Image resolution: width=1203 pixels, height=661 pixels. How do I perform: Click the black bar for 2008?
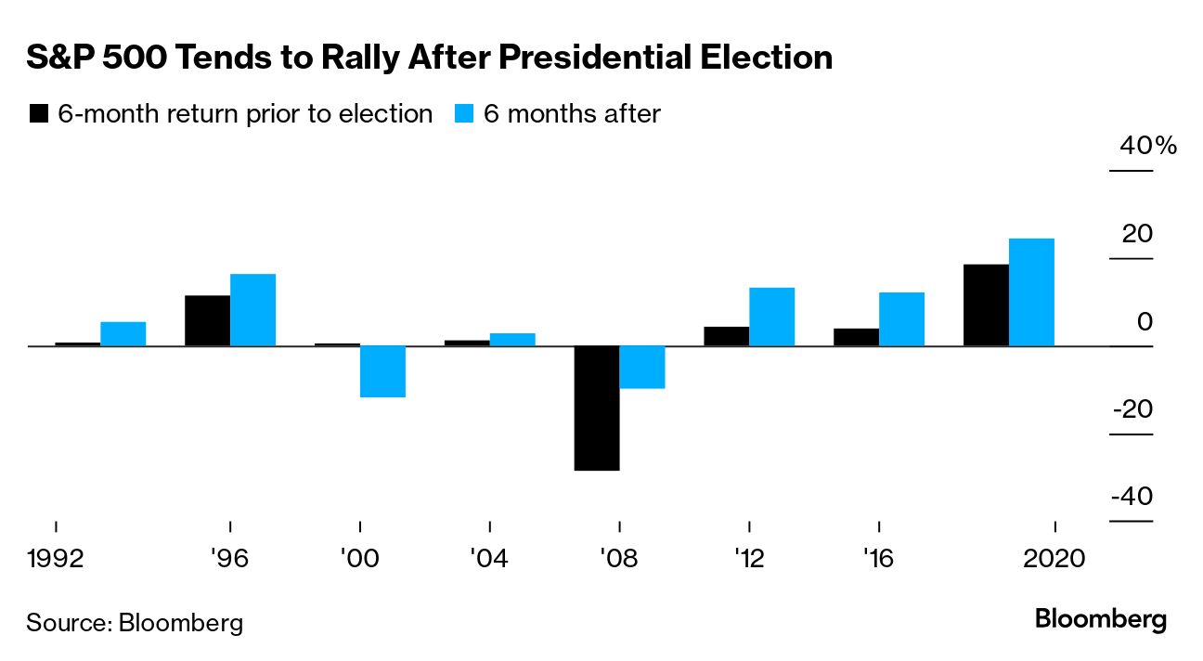point(597,408)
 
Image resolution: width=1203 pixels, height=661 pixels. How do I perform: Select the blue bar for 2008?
point(642,367)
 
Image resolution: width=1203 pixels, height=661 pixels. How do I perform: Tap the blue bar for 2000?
point(382,371)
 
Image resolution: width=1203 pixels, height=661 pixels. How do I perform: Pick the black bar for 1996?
point(208,320)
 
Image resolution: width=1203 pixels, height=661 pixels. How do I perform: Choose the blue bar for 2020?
point(1031,292)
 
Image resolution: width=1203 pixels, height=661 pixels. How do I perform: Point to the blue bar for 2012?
point(771,317)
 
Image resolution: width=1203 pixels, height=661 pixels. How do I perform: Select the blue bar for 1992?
point(123,334)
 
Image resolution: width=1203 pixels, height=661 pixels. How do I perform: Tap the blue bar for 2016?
point(901,319)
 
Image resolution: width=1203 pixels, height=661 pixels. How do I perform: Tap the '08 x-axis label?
point(618,560)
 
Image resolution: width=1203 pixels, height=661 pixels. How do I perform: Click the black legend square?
point(39,114)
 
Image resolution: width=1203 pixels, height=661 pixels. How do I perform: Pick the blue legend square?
point(465,114)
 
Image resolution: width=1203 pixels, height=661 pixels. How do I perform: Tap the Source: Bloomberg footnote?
point(135,622)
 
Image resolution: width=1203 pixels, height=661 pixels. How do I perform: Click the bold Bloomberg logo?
point(1101,619)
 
